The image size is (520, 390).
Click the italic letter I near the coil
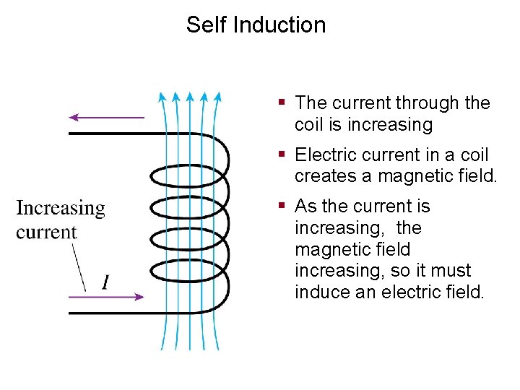(106, 281)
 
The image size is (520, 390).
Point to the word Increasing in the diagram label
(61, 209)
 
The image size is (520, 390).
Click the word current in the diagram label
(46, 232)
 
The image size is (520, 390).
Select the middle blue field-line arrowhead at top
(189, 96)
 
